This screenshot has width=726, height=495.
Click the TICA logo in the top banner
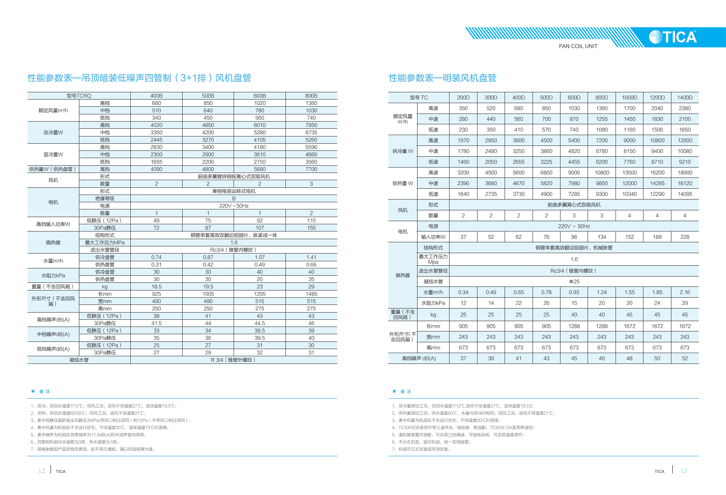(x=673, y=37)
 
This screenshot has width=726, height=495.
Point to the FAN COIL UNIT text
(x=578, y=46)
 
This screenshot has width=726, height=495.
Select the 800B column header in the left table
(x=311, y=96)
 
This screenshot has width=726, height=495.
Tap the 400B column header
(x=156, y=96)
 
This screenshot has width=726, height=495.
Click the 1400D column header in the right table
(x=685, y=97)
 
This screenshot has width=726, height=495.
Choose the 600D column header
(x=574, y=97)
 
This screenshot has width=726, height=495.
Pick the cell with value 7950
(x=311, y=125)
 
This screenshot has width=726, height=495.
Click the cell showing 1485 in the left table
(x=311, y=294)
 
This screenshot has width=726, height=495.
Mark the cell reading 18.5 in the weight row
(x=156, y=286)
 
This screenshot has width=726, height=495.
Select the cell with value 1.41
(x=311, y=257)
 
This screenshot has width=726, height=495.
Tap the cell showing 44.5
(x=260, y=323)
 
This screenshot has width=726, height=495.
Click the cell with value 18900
(x=685, y=173)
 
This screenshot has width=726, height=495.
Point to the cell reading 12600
(x=685, y=141)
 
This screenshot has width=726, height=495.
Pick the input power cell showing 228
(x=685, y=237)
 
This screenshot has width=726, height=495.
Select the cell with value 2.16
(x=685, y=292)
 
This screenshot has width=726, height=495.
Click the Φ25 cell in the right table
(x=574, y=282)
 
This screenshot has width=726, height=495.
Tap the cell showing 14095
(x=685, y=194)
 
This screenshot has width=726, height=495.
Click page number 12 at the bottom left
(x=41, y=471)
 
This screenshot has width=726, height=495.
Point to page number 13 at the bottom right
(x=684, y=471)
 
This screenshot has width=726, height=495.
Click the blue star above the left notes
(x=33, y=391)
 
